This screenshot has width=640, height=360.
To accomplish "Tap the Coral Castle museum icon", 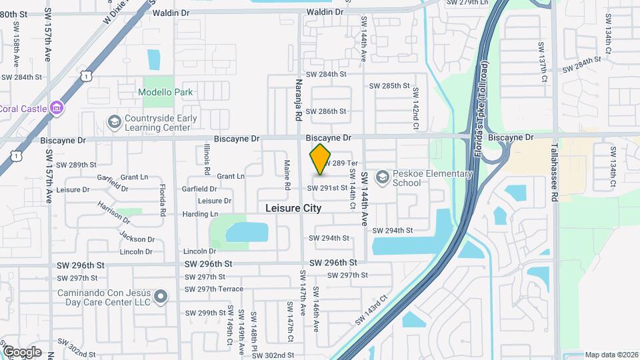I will tap(57, 107).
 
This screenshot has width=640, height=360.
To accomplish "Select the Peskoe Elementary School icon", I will tap(382, 177).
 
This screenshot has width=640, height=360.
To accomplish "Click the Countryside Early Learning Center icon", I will tap(114, 123).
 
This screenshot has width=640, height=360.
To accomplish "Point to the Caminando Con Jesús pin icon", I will tap(161, 297).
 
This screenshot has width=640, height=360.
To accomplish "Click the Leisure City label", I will tap(293, 208).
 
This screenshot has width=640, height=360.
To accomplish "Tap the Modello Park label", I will tap(166, 92).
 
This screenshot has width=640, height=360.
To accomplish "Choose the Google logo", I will tap(22, 351).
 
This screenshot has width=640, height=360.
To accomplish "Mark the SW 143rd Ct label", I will tap(371, 309).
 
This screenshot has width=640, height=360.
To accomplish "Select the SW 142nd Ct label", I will tap(415, 104).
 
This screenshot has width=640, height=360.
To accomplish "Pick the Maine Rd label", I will tap(287, 175).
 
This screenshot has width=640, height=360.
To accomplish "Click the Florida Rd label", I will tap(162, 200).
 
